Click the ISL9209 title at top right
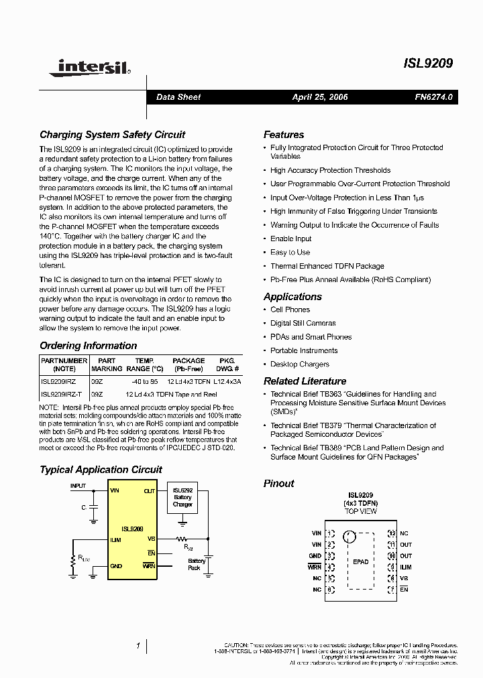[428, 64]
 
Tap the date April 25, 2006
[319, 97]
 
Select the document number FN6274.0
[433, 97]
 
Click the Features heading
[283, 135]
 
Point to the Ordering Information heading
[88, 346]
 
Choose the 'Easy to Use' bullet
[290, 253]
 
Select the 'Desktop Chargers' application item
[299, 364]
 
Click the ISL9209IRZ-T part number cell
[62, 395]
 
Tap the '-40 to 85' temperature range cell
[144, 381]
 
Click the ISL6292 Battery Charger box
[182, 497]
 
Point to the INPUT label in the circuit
[78, 485]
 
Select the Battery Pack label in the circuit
[197, 564]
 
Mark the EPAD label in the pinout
[360, 561]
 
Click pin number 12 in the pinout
[391, 533]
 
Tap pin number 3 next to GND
[329, 556]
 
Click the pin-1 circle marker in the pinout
[348, 536]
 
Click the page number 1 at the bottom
[138, 646]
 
